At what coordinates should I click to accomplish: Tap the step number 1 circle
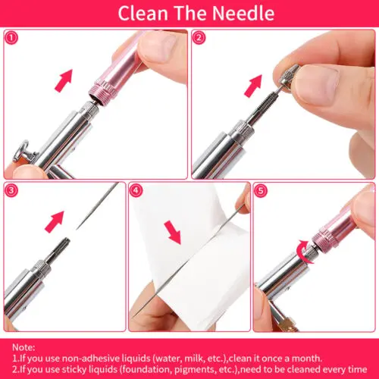[x=11, y=37]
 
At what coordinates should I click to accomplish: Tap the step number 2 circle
[x=199, y=37]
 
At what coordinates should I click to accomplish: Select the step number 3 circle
[x=11, y=190]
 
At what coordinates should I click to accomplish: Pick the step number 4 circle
[x=136, y=190]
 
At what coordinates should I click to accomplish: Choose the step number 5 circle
[x=262, y=190]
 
